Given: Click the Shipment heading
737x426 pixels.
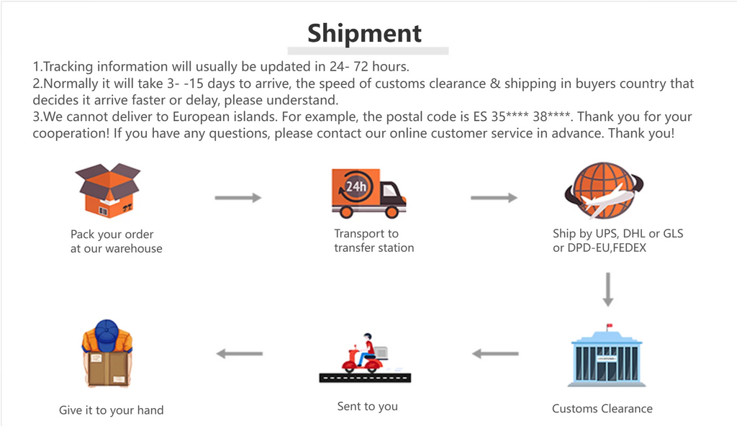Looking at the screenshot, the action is point(364,33).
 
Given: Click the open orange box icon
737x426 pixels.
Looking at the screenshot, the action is point(108,191).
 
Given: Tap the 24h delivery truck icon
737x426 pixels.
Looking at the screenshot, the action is point(369,194).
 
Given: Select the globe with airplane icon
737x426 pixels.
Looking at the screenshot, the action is point(604,191).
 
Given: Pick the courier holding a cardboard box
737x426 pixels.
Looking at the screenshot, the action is point(107,353).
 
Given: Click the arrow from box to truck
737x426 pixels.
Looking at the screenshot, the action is point(238,198).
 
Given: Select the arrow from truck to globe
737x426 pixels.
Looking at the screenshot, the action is point(494,198).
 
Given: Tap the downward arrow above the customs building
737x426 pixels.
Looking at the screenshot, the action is point(607,289).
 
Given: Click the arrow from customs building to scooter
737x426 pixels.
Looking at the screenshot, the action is point(495,353).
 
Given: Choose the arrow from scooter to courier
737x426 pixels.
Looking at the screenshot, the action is point(239,353).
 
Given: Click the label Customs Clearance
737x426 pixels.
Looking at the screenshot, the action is point(602,409).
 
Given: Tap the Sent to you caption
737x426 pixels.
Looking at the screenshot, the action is point(368,407).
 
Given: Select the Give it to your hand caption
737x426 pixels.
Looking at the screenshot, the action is point(112,410).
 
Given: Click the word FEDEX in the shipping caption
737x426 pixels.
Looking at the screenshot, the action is point(629,248).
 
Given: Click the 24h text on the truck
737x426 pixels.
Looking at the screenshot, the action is point(356,186).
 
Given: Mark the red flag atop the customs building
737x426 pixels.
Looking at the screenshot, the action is point(610,325).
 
